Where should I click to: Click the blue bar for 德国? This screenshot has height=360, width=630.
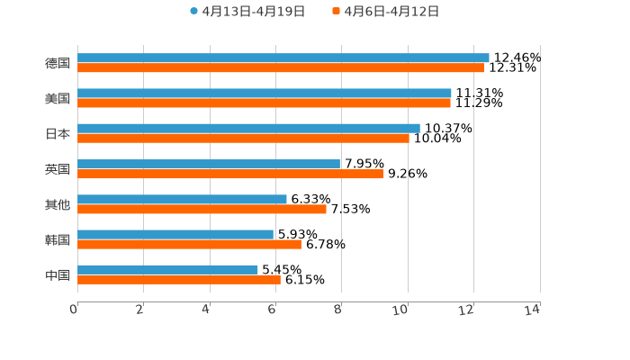(x=283, y=58)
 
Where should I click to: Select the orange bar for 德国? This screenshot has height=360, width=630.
(x=281, y=67)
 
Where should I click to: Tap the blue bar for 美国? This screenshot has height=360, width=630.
(x=265, y=93)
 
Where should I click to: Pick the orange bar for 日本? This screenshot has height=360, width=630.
(x=243, y=139)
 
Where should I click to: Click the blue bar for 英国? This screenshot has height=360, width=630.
(x=209, y=164)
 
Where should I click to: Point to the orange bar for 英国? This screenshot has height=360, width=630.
(x=230, y=174)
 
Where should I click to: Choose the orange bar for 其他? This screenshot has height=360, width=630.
(x=202, y=209)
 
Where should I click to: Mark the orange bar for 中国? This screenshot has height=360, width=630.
(x=179, y=280)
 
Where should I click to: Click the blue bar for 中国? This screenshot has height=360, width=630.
(x=167, y=269)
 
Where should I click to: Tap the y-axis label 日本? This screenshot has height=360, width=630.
(x=58, y=133)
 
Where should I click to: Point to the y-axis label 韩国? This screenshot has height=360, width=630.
(x=58, y=239)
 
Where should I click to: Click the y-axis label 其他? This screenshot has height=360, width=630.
(x=58, y=204)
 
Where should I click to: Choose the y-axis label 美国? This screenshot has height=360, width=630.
(x=58, y=98)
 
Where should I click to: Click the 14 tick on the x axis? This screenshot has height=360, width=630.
(x=533, y=310)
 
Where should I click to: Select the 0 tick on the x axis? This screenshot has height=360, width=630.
(x=74, y=310)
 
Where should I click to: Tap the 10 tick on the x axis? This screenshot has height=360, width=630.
(x=400, y=310)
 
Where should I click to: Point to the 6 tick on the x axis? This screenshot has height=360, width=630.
(x=272, y=310)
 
